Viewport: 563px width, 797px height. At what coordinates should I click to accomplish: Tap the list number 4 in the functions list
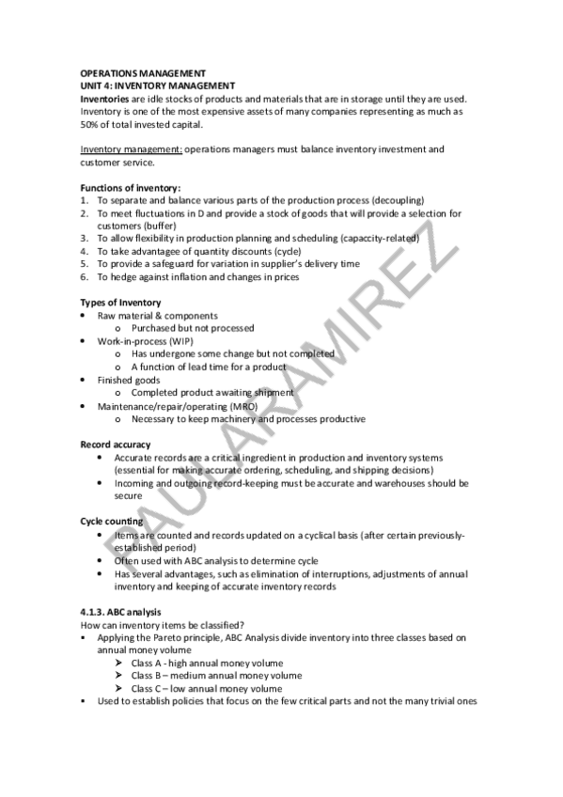point(85,252)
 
